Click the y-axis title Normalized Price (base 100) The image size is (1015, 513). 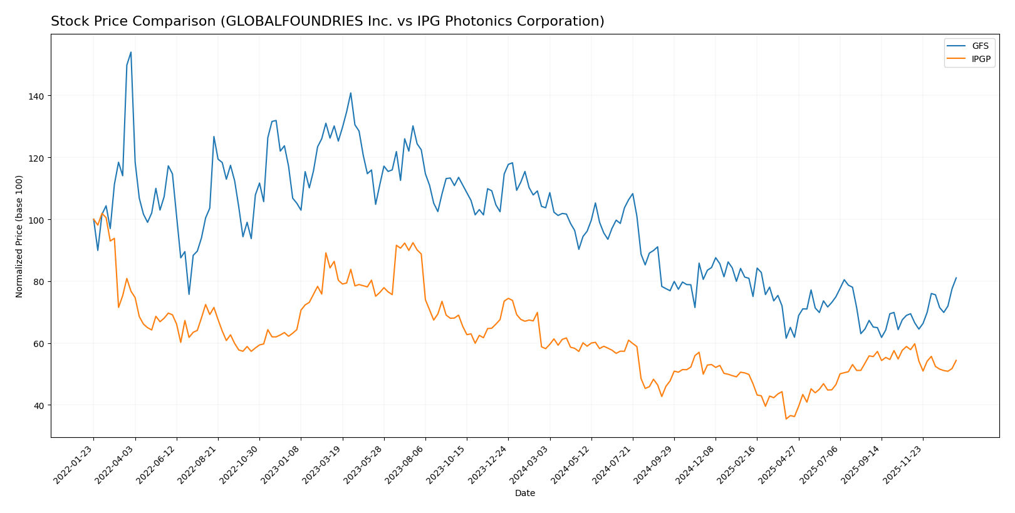pyautogui.click(x=19, y=236)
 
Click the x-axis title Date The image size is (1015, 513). pyautogui.click(x=524, y=494)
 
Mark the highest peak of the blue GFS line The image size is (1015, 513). pyautogui.click(x=131, y=52)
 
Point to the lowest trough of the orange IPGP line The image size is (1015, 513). pyautogui.click(x=786, y=419)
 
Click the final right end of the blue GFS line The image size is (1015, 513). pyautogui.click(x=956, y=277)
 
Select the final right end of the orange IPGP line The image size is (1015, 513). pyautogui.click(x=956, y=360)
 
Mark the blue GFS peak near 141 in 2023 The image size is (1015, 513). pyautogui.click(x=350, y=93)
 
